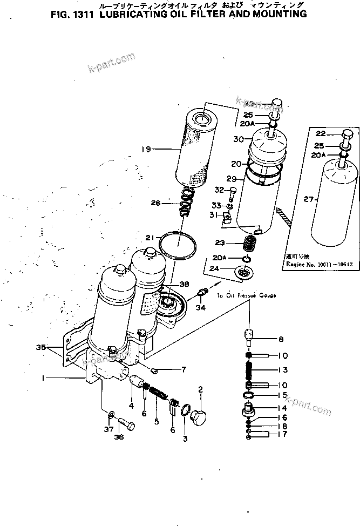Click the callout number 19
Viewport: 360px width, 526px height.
[x=144, y=149]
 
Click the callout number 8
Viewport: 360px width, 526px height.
[x=281, y=340]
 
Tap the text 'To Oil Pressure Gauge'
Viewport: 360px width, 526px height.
[x=247, y=296]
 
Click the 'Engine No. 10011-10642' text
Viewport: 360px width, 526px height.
[x=315, y=265]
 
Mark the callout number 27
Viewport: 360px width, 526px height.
[x=308, y=199]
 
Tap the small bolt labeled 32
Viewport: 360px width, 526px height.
[x=233, y=191]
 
